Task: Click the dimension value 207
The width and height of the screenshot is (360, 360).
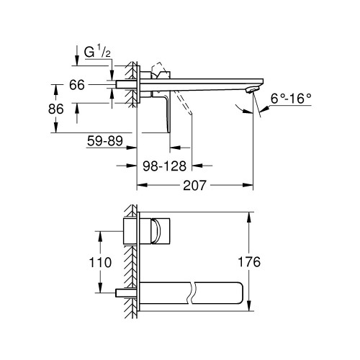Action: [x=194, y=185]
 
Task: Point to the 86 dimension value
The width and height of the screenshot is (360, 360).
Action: [x=67, y=109]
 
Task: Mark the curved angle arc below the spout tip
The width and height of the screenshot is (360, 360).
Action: [x=244, y=109]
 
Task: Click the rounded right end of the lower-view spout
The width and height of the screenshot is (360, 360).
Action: [x=245, y=293]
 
